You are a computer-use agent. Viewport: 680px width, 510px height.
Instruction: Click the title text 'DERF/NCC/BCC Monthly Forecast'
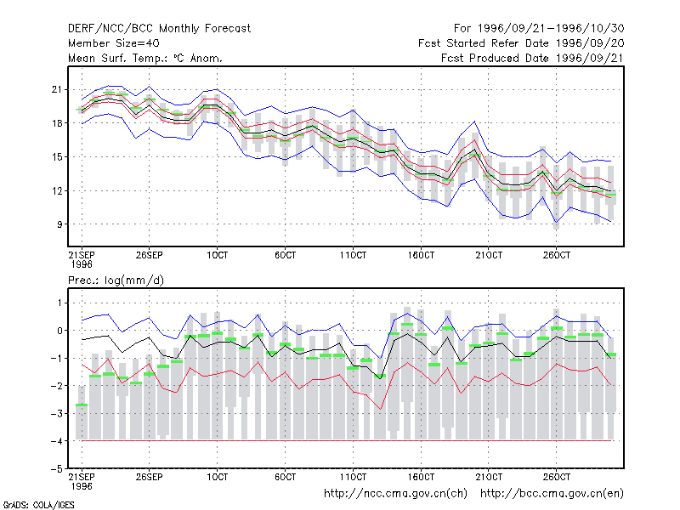[x=159, y=29]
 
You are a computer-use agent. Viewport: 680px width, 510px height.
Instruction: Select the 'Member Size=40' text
[x=114, y=43]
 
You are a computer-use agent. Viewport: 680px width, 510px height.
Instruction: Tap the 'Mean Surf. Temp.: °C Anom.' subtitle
[x=144, y=58]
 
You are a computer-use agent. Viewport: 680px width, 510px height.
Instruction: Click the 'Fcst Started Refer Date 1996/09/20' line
[x=521, y=43]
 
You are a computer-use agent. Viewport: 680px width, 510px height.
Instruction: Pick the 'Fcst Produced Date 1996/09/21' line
[x=533, y=58]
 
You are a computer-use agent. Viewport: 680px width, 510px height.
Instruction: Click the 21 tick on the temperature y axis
[x=57, y=90]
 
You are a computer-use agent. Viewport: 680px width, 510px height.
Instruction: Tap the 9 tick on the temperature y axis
[x=59, y=224]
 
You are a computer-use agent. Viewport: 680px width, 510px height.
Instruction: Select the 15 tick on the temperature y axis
[x=57, y=157]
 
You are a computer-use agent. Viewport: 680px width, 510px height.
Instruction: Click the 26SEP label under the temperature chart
[x=150, y=255]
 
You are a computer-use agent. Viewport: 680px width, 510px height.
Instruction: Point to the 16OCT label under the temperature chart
[x=421, y=255]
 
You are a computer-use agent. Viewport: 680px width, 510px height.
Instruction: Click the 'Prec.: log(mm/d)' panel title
[x=116, y=280]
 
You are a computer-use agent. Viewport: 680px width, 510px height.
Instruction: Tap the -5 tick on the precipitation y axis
[x=57, y=469]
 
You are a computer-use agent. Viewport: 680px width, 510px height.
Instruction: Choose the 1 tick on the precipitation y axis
[x=59, y=303]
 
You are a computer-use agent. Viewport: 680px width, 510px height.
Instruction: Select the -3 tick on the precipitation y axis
[x=57, y=413]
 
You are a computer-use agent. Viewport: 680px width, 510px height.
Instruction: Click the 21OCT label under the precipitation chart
[x=489, y=477]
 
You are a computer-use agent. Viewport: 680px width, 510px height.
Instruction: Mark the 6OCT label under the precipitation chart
[x=285, y=477]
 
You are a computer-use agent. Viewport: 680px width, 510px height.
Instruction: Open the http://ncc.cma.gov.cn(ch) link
[x=395, y=494]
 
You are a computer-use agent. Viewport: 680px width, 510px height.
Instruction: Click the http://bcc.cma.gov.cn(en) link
[x=552, y=494]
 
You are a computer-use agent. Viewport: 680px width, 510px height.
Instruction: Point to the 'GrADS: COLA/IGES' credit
[x=38, y=505]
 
